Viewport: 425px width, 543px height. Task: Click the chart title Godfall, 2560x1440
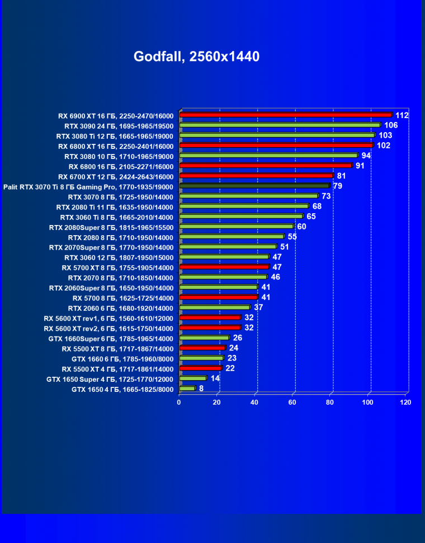click(197, 57)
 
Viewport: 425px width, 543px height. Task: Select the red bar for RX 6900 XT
click(285, 115)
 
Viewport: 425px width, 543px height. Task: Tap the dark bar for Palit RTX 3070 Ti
click(254, 186)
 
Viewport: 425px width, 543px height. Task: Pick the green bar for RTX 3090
click(280, 125)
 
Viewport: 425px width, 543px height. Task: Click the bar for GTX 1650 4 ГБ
click(187, 388)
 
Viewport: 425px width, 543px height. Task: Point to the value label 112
click(402, 115)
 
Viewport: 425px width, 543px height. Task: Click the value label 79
click(338, 186)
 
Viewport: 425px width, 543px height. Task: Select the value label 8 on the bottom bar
click(201, 388)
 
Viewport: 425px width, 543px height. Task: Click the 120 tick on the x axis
click(406, 402)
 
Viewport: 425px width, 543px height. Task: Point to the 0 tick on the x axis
click(179, 402)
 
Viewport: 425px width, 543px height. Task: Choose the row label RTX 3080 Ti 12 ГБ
click(115, 136)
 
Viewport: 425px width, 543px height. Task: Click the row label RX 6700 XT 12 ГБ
click(120, 176)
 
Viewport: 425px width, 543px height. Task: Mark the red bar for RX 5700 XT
click(224, 267)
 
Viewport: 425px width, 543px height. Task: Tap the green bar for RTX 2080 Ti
click(244, 207)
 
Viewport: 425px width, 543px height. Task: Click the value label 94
click(366, 156)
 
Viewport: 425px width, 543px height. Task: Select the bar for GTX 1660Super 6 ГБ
click(204, 338)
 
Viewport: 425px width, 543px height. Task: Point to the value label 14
click(215, 378)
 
